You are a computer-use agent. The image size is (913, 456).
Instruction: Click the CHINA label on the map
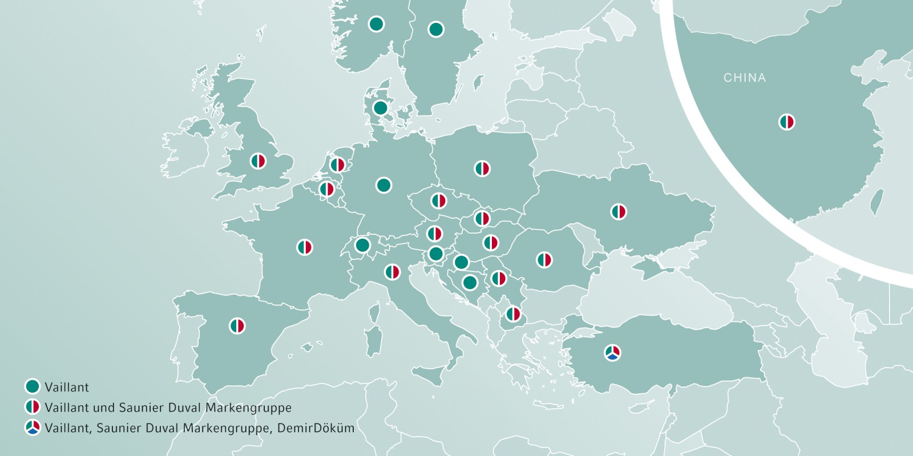(x=745, y=78)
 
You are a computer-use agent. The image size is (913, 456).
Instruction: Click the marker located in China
(x=787, y=122)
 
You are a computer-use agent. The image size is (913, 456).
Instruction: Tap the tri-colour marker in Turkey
(x=613, y=353)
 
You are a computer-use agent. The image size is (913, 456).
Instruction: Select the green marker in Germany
(x=384, y=185)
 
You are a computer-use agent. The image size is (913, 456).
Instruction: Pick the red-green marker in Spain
(x=237, y=326)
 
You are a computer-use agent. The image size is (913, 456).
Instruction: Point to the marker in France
(x=305, y=247)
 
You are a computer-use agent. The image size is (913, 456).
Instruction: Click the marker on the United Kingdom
(x=258, y=161)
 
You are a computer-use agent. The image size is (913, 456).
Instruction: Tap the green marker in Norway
(x=376, y=24)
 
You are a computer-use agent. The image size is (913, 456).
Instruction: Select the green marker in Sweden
(x=436, y=29)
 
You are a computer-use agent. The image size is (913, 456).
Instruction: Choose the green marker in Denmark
(x=380, y=108)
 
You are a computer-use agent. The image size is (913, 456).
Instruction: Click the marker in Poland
(x=482, y=169)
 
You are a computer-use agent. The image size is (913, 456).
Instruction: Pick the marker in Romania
(x=544, y=260)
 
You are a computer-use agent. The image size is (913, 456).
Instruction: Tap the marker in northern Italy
(x=392, y=272)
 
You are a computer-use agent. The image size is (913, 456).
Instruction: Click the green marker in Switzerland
(x=362, y=246)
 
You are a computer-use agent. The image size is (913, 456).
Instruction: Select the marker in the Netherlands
(x=338, y=165)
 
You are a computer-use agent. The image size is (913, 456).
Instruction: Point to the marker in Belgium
(x=327, y=189)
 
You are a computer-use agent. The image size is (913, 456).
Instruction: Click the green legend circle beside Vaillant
(x=33, y=386)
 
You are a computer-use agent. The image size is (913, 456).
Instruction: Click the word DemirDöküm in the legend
(x=316, y=428)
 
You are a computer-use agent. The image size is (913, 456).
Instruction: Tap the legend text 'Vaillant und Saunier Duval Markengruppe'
(x=168, y=408)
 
